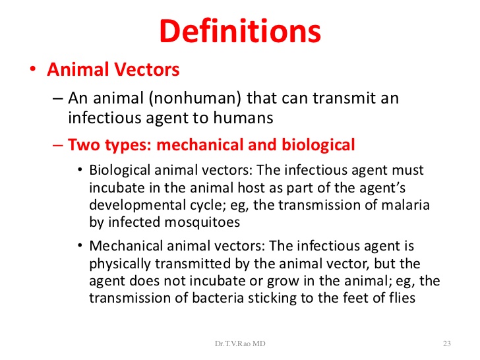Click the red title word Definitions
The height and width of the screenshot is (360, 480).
[240, 30]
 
